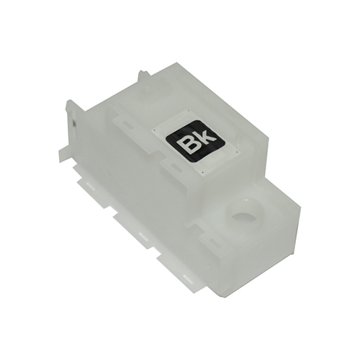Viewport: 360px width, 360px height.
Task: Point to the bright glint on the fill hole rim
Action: point(246,202)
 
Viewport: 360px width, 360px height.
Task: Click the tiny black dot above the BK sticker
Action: point(189,111)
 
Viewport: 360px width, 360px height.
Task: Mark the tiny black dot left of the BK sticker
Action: point(155,130)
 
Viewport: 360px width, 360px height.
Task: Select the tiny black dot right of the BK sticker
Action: point(237,152)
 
